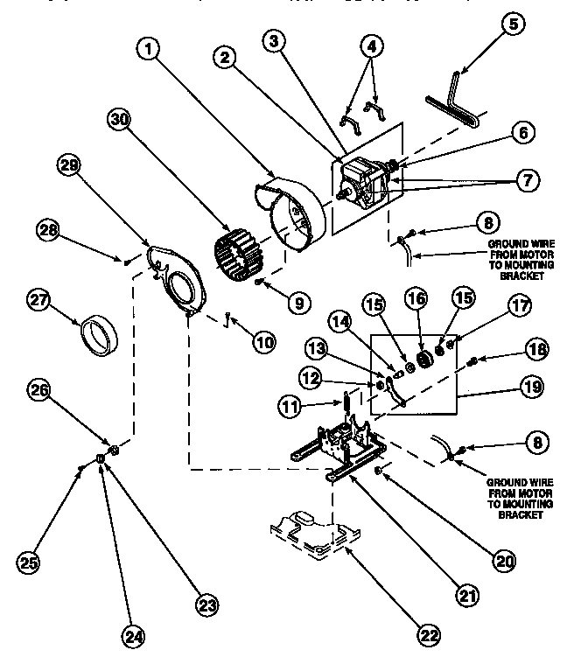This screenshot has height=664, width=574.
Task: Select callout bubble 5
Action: coord(512,24)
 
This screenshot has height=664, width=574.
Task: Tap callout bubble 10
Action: coord(263,342)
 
